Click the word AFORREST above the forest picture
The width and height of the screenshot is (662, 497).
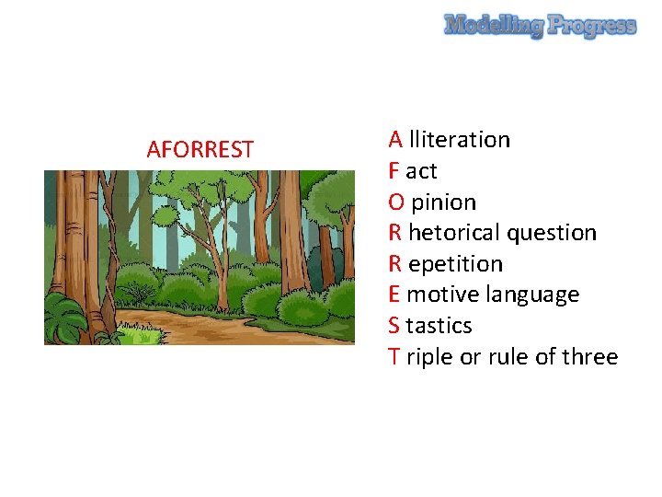coord(200,149)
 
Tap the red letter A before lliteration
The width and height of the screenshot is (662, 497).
coord(395,140)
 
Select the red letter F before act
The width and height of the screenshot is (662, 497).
coord(394,171)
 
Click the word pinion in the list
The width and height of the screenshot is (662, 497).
coord(444,202)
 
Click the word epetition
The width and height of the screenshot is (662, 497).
coord(455,264)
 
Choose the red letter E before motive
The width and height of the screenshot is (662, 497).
coord(394,295)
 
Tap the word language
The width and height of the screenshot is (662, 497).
coord(538,295)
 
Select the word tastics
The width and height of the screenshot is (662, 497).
coord(439,326)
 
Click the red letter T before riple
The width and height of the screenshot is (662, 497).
coord(394,357)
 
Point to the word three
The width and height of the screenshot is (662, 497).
coord(589,357)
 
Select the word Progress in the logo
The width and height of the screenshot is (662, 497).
coord(592,27)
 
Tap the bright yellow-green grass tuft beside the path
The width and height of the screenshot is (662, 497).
coord(143,337)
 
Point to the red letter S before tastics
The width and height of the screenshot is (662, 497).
coord(394,326)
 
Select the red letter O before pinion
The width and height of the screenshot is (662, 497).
coord(396,202)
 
